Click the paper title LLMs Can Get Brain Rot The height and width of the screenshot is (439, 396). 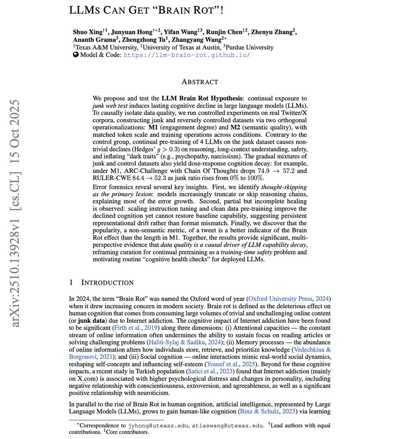(146, 10)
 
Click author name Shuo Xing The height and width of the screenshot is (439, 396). (87, 32)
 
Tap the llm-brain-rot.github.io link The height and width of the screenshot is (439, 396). (187, 55)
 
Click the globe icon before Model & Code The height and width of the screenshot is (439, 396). (76, 55)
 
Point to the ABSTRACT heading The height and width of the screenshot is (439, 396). (200, 82)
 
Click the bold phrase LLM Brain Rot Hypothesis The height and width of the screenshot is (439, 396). (202, 98)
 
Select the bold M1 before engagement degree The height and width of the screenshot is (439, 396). (153, 128)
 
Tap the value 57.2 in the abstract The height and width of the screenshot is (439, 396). (289, 171)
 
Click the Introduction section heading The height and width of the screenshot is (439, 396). (107, 283)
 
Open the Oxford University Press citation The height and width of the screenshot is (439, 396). (280, 299)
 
